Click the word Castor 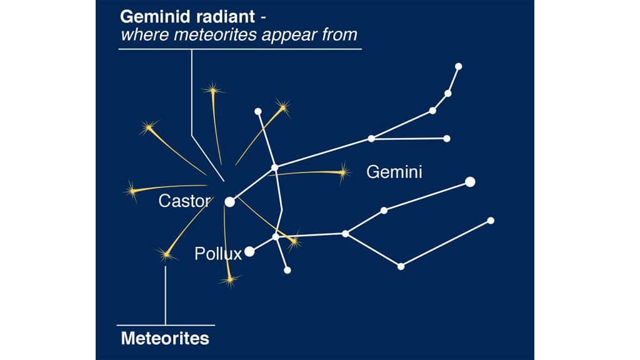pos(186,201)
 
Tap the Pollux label pos(217,254)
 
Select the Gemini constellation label pos(394,172)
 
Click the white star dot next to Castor pos(229,201)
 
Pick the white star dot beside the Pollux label pos(249,251)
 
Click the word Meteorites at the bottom pos(165,339)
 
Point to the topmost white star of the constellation pos(458,66)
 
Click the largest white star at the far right pos(470,182)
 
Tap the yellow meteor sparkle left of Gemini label pos(342,172)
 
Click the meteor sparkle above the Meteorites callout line pos(166,254)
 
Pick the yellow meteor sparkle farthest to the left pos(132,189)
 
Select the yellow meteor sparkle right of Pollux pos(294,240)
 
